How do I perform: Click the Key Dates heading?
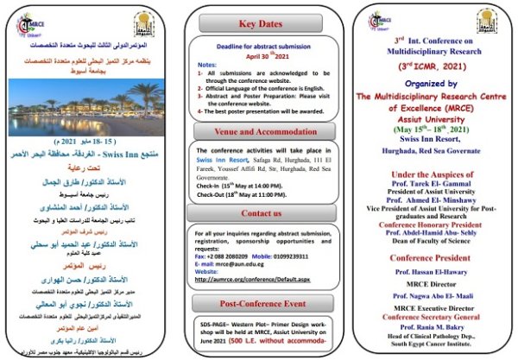(x=260, y=24)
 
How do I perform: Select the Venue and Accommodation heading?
(x=260, y=131)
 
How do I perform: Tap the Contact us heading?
(x=260, y=212)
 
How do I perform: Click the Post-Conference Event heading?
(x=260, y=302)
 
